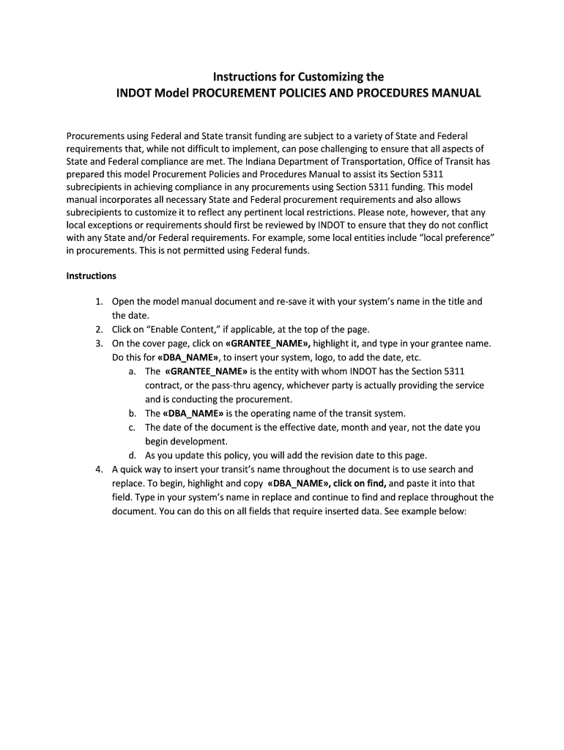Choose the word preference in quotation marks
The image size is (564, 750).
452,238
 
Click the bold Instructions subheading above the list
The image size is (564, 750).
92,276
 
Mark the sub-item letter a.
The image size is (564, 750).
131,371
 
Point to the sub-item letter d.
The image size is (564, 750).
131,455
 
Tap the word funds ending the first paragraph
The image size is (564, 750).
296,251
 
